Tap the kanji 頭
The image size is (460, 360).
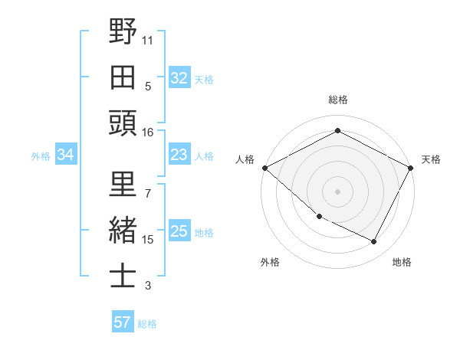(x=123, y=123)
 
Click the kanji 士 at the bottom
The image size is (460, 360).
(x=123, y=276)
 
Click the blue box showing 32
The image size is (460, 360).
(x=179, y=77)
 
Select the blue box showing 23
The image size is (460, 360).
(x=179, y=155)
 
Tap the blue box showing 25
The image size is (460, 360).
(x=179, y=231)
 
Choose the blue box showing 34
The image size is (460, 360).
(x=66, y=155)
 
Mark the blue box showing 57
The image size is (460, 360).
(x=123, y=322)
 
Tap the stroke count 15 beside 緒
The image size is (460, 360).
(x=148, y=240)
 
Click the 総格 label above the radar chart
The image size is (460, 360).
(x=338, y=100)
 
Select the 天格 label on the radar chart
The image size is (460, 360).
(x=431, y=159)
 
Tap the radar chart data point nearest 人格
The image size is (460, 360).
(x=264, y=168)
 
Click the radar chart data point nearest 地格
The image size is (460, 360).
(x=374, y=242)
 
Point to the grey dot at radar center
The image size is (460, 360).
(x=337, y=191)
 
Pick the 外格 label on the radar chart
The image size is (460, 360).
(x=270, y=262)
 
